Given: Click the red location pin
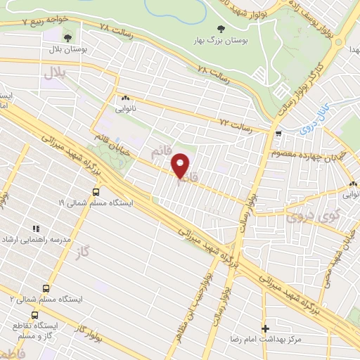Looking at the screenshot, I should [x=181, y=166].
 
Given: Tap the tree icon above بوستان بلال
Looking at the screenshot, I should [x=67, y=38].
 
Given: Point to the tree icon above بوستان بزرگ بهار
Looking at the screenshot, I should [x=219, y=29].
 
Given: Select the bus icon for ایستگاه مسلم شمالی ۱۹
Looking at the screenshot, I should [x=96, y=191].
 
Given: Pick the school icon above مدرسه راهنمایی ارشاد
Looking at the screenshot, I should [x=36, y=229].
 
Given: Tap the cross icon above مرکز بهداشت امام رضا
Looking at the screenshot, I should [x=265, y=328].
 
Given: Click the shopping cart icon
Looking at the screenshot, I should [x=279, y=133].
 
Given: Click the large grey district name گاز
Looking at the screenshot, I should [x=86, y=251].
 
